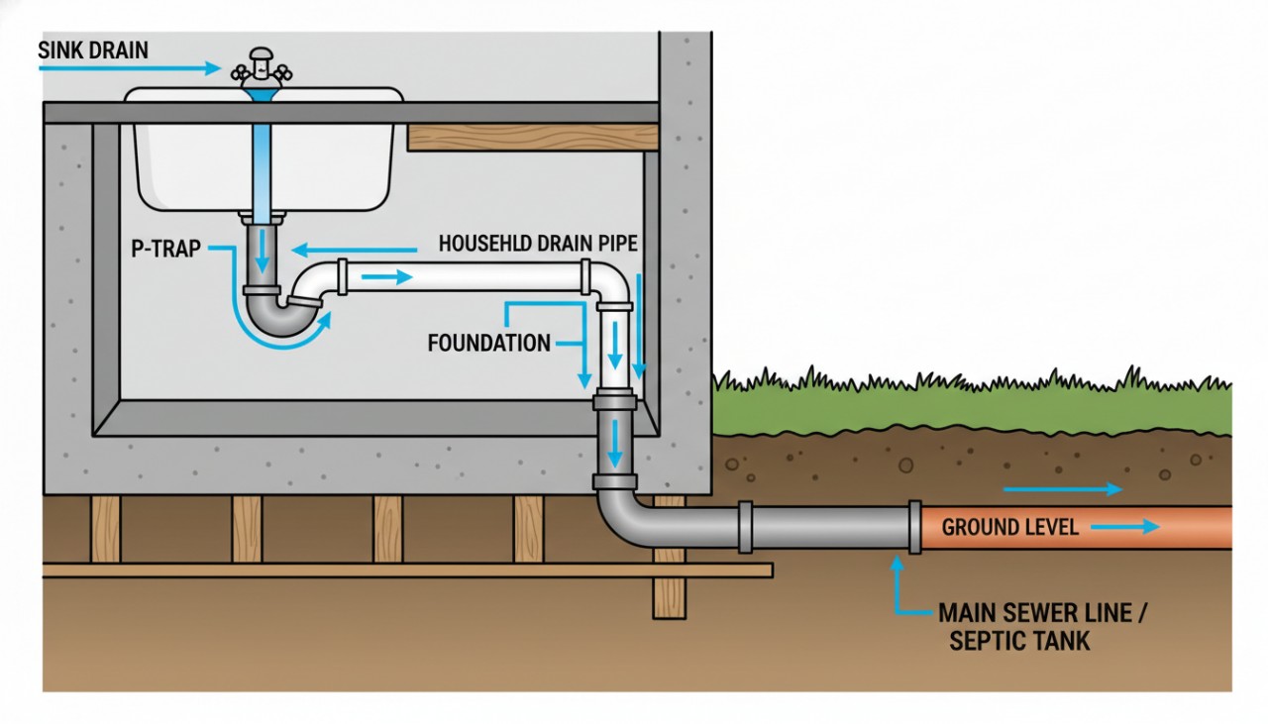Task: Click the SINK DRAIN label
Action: click(x=93, y=50)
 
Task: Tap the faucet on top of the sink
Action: click(x=263, y=67)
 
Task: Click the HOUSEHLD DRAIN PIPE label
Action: click(x=537, y=243)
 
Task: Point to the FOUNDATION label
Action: click(x=488, y=344)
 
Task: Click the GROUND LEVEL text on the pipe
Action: click(x=1009, y=527)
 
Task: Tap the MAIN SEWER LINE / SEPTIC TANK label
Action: click(x=1040, y=626)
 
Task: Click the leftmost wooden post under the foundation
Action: click(x=105, y=529)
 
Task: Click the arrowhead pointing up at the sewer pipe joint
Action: click(x=898, y=566)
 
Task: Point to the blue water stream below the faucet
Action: click(x=263, y=149)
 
